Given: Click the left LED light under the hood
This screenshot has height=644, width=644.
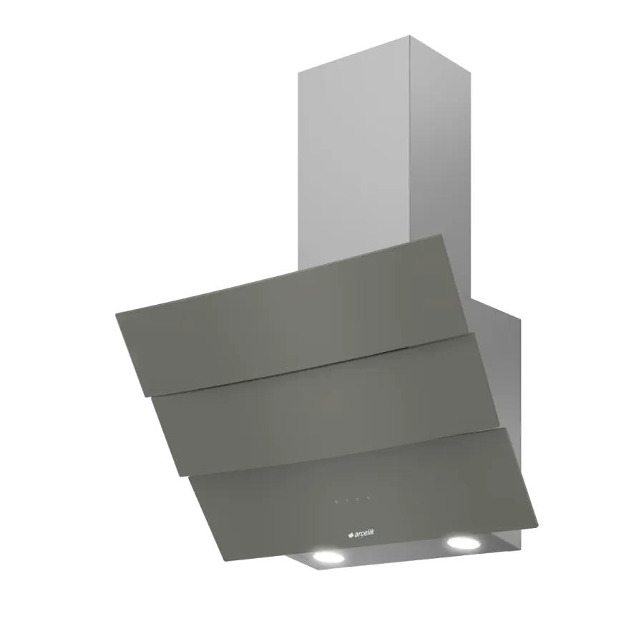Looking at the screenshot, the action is click(328, 557).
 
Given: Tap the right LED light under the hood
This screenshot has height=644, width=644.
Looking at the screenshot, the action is click(464, 542).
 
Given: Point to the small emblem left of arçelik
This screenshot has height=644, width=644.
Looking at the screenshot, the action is click(351, 535).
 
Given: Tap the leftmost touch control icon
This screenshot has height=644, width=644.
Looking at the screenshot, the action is click(336, 502).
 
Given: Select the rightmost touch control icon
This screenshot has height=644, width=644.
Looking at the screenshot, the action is click(369, 499).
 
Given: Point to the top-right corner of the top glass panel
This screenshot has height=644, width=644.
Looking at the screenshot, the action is click(442, 235).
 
